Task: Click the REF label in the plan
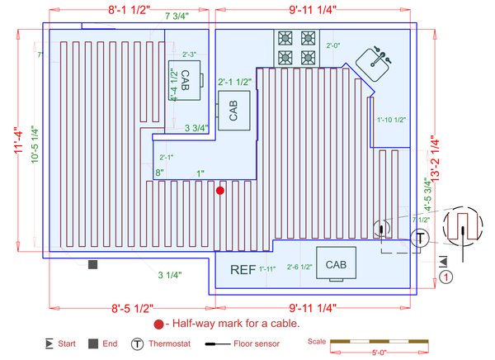pos(243,269)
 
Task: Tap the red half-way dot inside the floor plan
pos(219,191)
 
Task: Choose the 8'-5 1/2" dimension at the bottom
pos(131,310)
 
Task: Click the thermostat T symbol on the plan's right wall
pos(420,239)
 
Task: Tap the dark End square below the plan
pos(93,263)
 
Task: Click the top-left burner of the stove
pos(286,37)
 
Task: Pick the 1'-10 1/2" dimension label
pos(392,121)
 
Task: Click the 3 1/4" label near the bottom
pos(170,274)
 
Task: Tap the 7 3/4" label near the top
pos(178,16)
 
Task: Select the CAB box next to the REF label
pos(336,265)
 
